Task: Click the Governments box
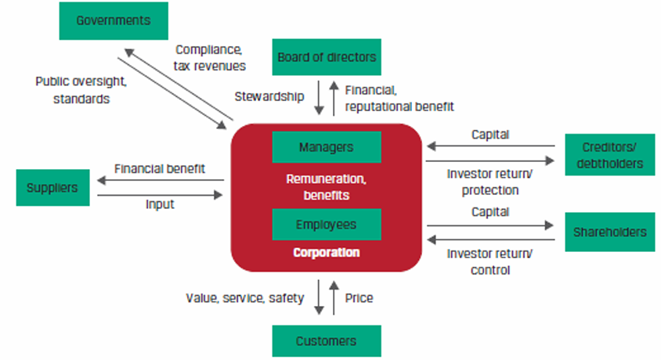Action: [x=113, y=20]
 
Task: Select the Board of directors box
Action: [x=327, y=57]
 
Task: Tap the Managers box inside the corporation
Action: [x=327, y=147]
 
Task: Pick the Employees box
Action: [x=327, y=225]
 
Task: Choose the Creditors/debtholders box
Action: [x=609, y=154]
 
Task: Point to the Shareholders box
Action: [x=609, y=232]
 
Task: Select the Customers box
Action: [x=327, y=341]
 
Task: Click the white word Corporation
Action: [x=327, y=253]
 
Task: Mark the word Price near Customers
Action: [x=359, y=298]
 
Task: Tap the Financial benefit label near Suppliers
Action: [x=159, y=168]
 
